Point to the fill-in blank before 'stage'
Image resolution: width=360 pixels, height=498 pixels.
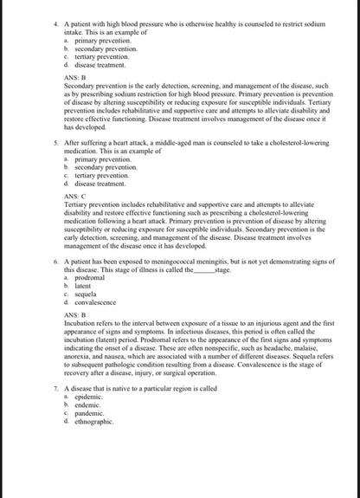click(x=200, y=269)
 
